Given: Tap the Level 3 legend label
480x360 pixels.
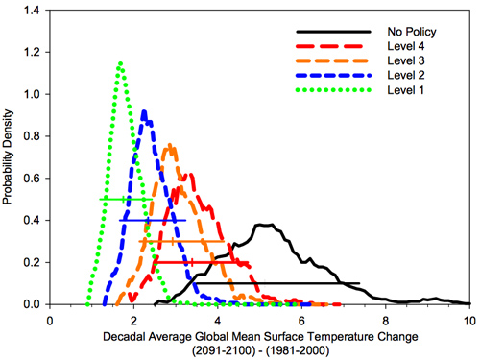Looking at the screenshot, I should coord(400,60).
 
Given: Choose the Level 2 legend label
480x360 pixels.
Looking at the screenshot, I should coord(400,76).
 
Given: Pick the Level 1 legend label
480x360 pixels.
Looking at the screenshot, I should coord(400,91).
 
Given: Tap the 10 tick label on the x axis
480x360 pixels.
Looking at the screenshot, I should coord(468,321).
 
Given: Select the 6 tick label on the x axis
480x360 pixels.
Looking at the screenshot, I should coord(301,321).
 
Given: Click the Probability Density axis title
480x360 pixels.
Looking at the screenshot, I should coord(9,158).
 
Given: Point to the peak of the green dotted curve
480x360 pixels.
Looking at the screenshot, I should coord(120,63).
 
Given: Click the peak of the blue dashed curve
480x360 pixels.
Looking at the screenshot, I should coord(144,111).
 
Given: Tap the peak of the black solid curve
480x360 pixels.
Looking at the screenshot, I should coord(261,225).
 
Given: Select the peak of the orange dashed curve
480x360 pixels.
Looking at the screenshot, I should coord(170,145).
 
